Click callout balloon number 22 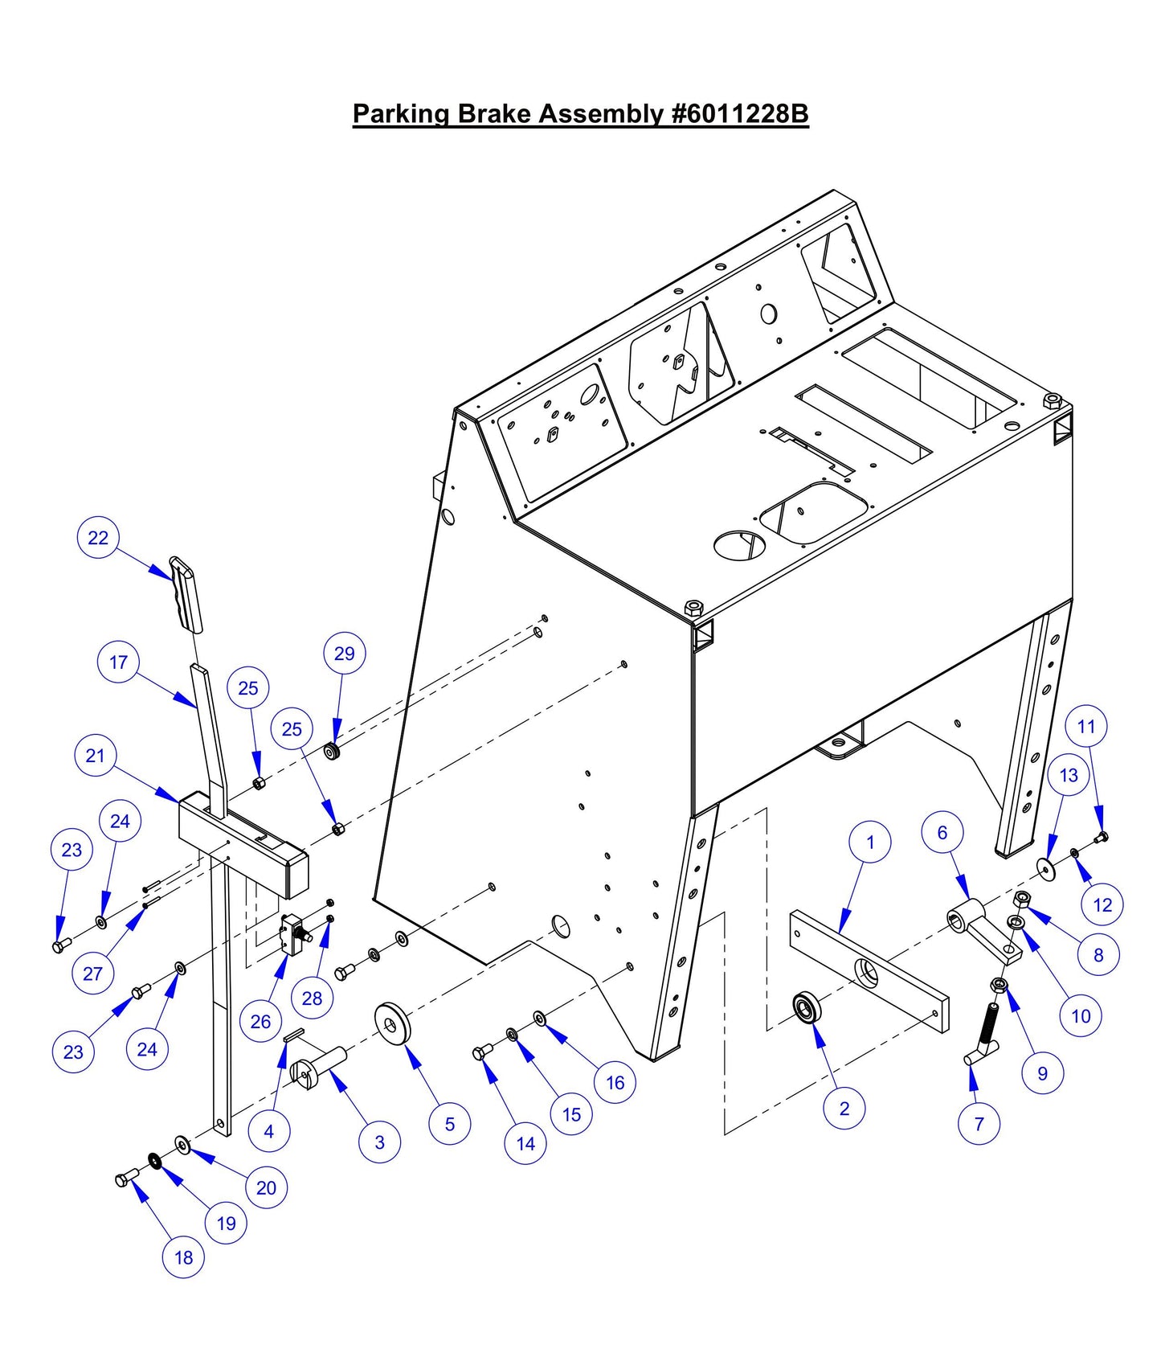98,538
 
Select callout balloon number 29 344,654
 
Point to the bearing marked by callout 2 806,1007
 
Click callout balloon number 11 1086,727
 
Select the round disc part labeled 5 393,1023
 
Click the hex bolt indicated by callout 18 125,1180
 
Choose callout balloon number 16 615,1083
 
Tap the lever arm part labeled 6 983,933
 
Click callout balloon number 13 1069,775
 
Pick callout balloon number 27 92,974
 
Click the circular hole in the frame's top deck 739,545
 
